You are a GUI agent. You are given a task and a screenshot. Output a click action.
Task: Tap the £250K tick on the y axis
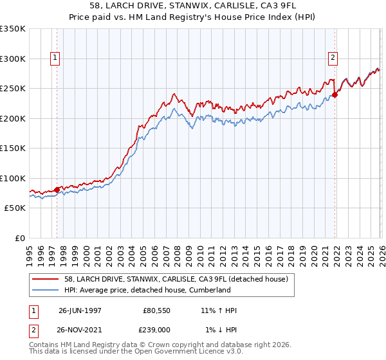(13, 88)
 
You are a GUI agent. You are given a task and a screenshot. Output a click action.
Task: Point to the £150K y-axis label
(13, 148)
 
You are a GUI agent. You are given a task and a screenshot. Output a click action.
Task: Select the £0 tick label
(19, 238)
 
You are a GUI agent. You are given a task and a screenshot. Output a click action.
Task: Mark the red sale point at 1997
(57, 190)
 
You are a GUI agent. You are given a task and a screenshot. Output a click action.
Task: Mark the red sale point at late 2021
(335, 95)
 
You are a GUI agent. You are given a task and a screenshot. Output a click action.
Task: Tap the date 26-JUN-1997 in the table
(80, 310)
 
